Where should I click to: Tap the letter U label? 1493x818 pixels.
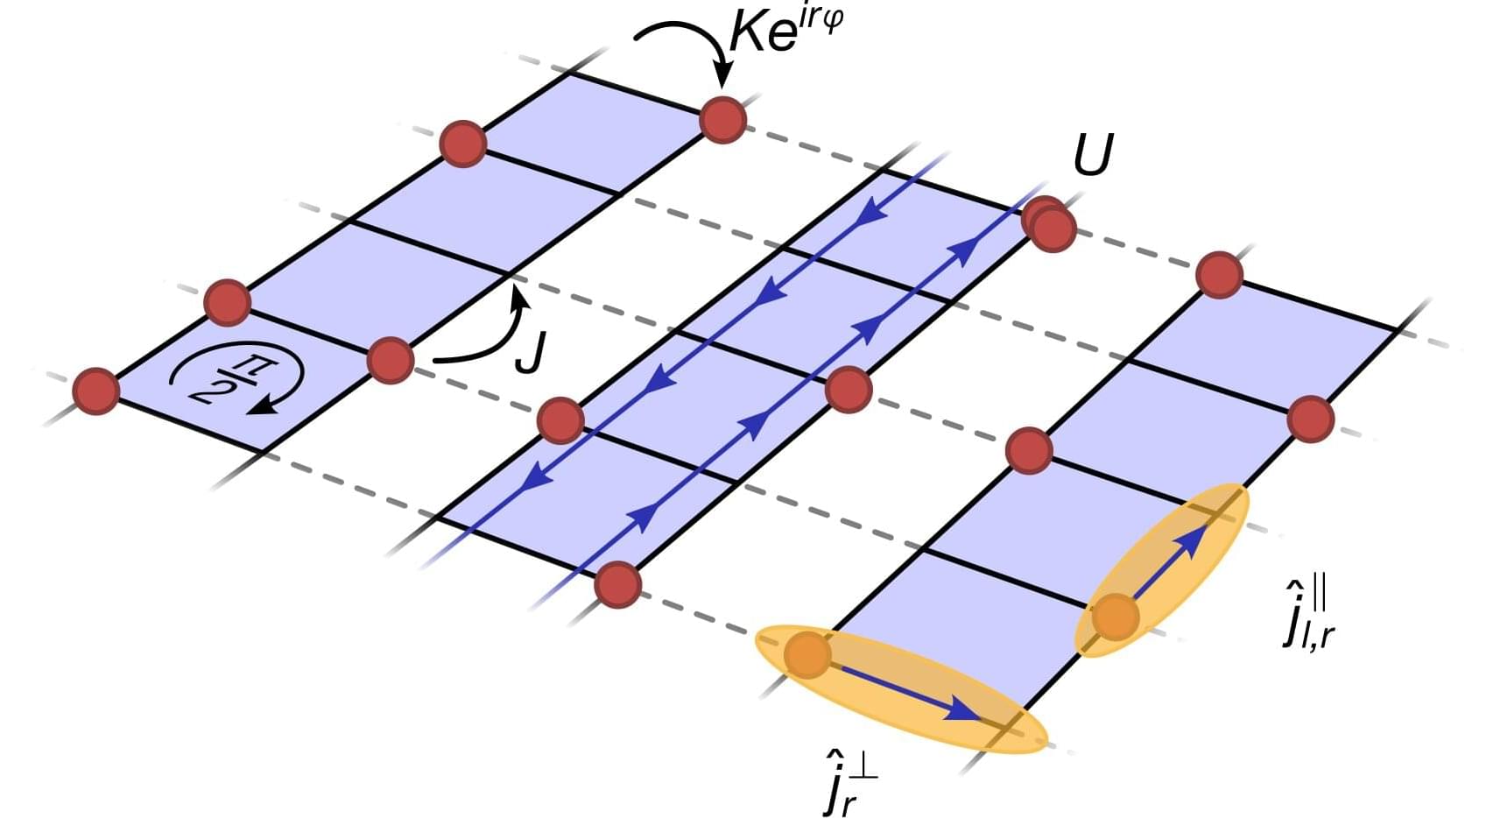click(1094, 155)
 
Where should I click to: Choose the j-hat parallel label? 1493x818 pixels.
click(1307, 614)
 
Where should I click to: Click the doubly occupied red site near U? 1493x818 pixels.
click(1049, 224)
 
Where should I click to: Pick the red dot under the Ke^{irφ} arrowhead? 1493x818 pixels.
click(723, 120)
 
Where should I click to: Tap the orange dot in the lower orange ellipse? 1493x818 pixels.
click(808, 655)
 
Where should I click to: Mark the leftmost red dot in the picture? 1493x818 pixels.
click(96, 391)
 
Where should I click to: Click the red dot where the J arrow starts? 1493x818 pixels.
click(391, 361)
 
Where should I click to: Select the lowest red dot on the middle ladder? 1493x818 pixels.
click(618, 585)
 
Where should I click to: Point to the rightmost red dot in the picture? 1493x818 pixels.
click(1310, 420)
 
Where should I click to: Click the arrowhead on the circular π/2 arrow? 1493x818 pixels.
click(263, 405)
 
